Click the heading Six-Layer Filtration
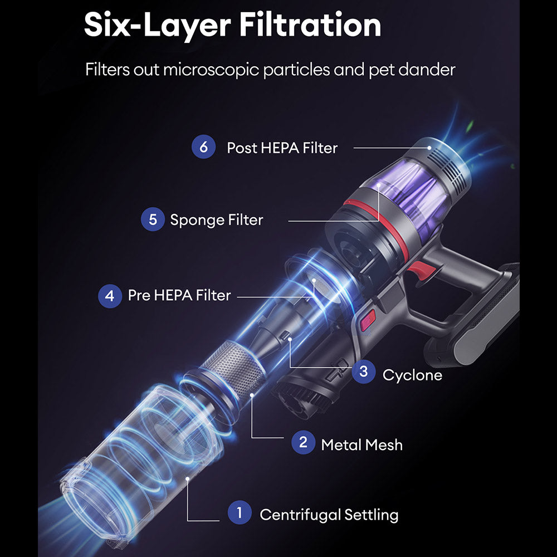[232, 25]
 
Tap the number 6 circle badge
[203, 148]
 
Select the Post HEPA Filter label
[282, 148]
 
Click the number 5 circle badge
[153, 219]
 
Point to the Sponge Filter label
[216, 220]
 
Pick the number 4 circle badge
[110, 296]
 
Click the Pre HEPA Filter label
[179, 295]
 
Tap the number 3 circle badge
[363, 372]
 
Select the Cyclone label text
[412, 375]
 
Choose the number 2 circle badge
[303, 443]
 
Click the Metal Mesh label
[361, 444]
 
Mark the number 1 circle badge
[240, 513]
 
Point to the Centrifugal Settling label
[329, 514]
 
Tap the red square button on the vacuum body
[368, 321]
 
